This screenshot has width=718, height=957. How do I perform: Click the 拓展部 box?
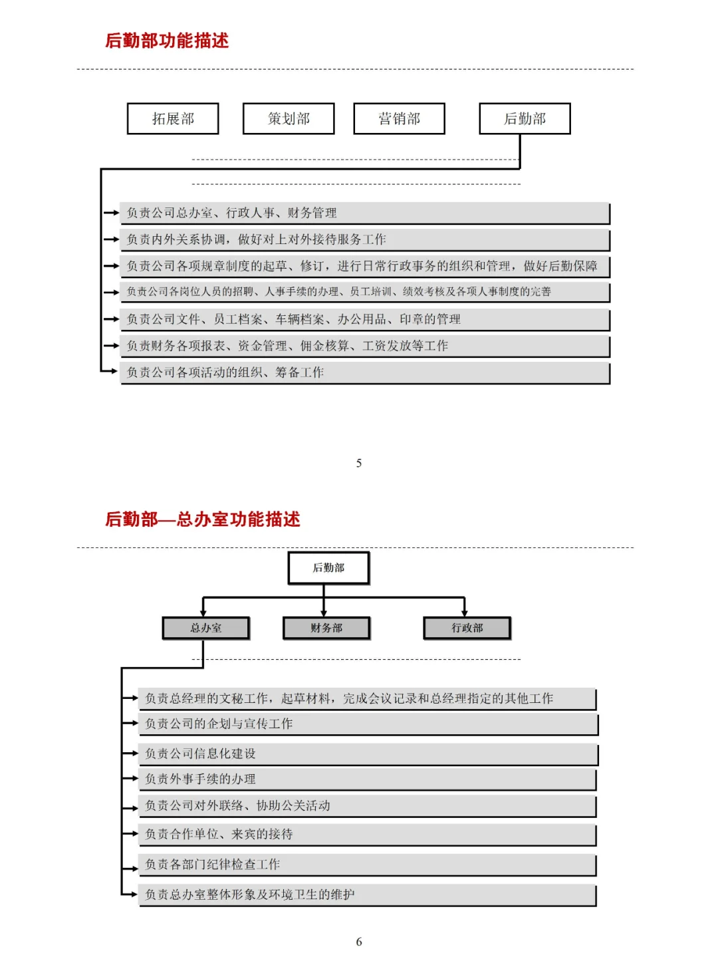tap(173, 118)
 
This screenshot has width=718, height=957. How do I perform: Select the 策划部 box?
tap(289, 118)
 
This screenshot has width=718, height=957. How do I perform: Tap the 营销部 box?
tap(399, 118)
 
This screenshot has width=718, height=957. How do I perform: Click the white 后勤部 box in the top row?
tap(525, 118)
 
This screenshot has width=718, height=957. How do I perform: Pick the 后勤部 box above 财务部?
tap(328, 568)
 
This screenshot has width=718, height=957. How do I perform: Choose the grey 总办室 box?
tap(206, 628)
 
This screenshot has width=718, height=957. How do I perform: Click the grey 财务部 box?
tap(326, 628)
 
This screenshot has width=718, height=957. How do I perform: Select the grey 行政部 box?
tap(467, 628)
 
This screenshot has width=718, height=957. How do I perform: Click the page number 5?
tap(359, 463)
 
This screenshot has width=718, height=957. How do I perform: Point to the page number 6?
tap(359, 941)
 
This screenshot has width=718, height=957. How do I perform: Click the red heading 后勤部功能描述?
tap(167, 41)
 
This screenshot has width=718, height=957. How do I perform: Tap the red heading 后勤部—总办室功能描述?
tap(203, 519)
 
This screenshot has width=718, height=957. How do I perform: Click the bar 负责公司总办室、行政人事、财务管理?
tap(364, 213)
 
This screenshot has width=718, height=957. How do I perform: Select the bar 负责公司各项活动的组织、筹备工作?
tap(364, 372)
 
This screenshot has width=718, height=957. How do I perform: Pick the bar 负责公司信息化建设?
tap(368, 753)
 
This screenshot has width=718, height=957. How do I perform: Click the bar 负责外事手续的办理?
tap(367, 779)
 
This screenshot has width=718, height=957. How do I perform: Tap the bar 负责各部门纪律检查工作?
tap(367, 865)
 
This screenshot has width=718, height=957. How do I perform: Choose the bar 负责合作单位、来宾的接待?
tap(367, 834)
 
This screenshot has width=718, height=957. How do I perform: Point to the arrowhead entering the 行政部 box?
tap(465, 613)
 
